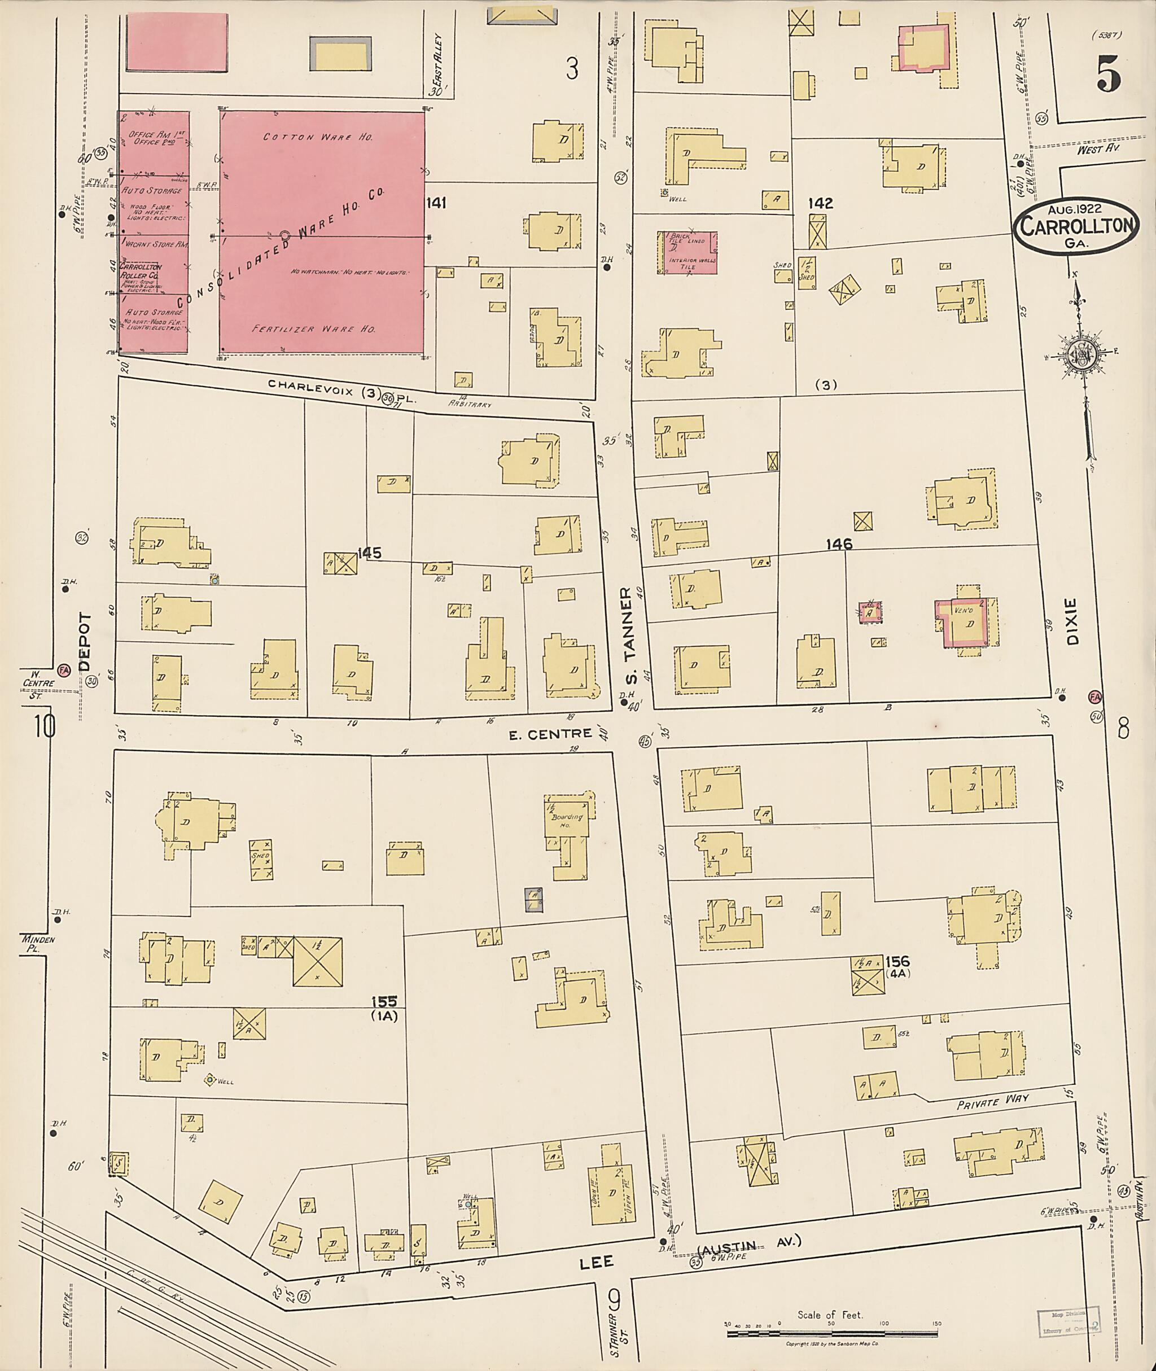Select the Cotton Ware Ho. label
tap(318, 137)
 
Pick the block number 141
tap(436, 203)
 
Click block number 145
tap(370, 554)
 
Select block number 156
tap(897, 961)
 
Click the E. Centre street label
tap(550, 735)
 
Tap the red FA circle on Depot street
tap(64, 671)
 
